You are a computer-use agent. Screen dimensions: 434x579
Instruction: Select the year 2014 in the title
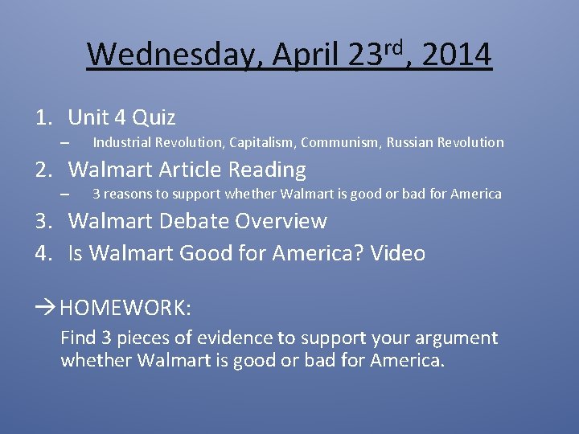point(456,55)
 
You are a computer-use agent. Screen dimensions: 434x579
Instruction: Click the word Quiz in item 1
point(154,118)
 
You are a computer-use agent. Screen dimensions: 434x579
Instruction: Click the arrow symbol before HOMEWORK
point(45,307)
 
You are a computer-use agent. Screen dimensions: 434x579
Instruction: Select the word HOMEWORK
point(125,307)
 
